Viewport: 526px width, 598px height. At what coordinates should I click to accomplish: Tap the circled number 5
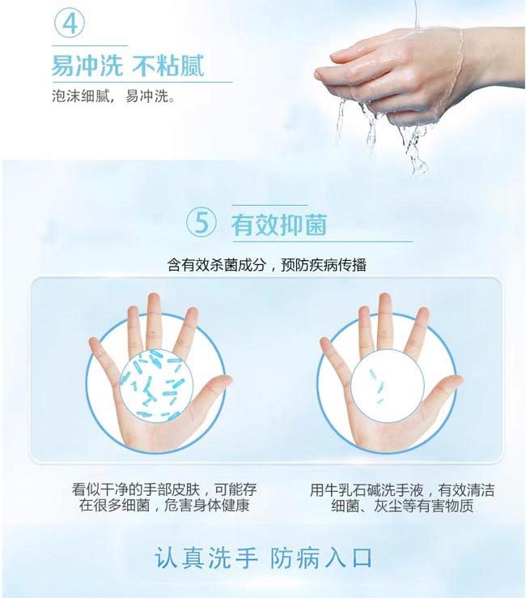[x=201, y=223]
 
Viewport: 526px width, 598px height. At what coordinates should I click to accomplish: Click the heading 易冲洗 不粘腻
[x=128, y=65]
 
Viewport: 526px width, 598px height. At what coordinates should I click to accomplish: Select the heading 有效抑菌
[x=279, y=224]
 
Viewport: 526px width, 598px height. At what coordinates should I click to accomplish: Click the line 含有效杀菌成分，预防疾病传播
[x=266, y=265]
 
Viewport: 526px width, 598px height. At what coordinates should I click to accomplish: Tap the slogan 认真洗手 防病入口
[x=263, y=558]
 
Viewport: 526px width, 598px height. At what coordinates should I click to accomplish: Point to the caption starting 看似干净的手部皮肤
[x=164, y=498]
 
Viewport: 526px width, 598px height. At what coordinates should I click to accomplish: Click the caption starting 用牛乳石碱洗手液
[x=402, y=498]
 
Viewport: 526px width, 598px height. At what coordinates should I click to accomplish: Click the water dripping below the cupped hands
[x=381, y=137]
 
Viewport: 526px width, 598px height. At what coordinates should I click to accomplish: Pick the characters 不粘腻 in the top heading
[x=168, y=65]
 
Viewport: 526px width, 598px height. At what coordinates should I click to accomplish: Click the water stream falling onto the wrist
[x=417, y=15]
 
